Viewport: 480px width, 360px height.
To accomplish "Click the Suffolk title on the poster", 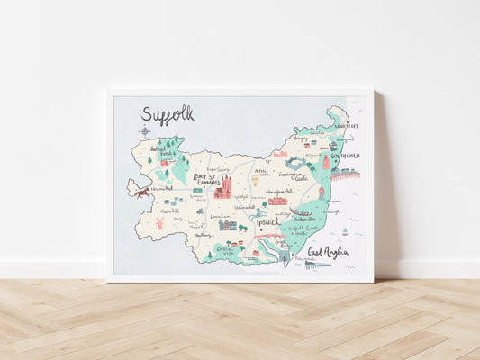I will pos(168,113).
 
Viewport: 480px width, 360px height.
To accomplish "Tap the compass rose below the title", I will pos(144,131).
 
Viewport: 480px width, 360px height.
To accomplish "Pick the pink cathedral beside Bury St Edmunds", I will pos(222,186).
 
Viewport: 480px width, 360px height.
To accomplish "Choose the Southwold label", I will pos(343,156).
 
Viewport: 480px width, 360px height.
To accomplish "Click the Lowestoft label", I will pos(347,126).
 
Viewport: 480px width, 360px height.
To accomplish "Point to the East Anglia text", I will pos(327,253).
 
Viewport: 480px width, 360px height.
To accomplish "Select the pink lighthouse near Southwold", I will pos(325,162).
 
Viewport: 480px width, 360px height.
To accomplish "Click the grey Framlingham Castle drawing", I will pos(294,163).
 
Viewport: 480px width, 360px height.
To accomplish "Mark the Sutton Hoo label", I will pos(305,219).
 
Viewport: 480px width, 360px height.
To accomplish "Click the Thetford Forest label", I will pos(163,153).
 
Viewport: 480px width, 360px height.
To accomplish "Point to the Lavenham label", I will pos(220,216).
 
